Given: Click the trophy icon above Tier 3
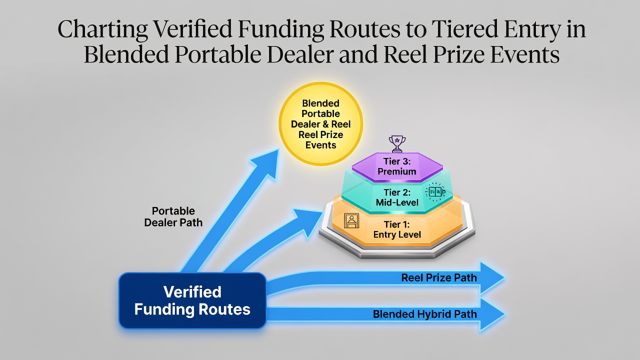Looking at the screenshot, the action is coord(397,143).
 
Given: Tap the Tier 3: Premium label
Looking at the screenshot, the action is coord(397,166).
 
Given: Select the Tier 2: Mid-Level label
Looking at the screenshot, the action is coord(397,197).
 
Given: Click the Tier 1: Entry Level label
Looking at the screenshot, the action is coord(397,229).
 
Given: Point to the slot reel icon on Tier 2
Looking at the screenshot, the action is coord(435,191).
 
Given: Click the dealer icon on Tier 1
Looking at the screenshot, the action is coord(351,220).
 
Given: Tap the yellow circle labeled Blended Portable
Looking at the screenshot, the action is coord(320,124).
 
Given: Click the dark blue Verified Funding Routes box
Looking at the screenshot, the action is coord(192,300).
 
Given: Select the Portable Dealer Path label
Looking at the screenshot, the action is coord(173,216).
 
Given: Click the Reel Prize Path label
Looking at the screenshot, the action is coord(439,277).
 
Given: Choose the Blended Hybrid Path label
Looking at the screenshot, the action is coord(425,314).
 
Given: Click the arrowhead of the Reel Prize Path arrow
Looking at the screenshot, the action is coord(492,277).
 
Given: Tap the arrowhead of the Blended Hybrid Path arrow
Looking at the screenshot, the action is coord(492,314).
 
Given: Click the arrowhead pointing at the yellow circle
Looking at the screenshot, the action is coord(266,162).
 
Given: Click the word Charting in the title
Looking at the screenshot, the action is coord(102,29).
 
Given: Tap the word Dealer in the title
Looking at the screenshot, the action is coord(300,54).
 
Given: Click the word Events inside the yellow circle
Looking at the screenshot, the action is coord(320,145).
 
